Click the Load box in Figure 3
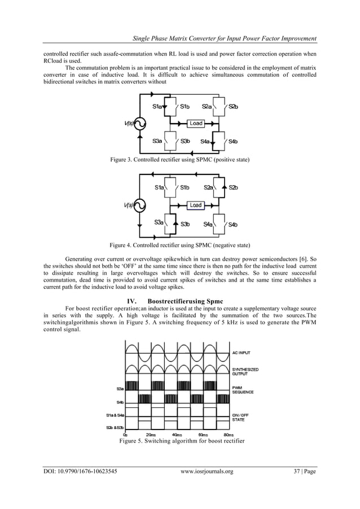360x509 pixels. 196,123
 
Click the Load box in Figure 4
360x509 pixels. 196,205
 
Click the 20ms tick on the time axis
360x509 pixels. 151,435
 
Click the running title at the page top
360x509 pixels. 223,38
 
